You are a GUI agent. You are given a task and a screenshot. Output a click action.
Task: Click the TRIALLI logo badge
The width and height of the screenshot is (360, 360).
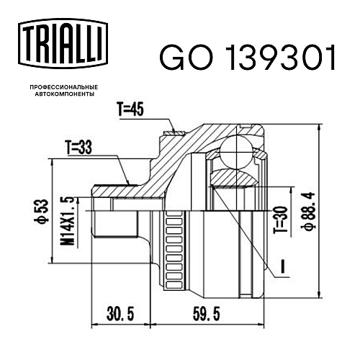pyautogui.click(x=63, y=43)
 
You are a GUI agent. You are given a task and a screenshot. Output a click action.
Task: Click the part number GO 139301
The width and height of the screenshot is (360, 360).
pyautogui.click(x=247, y=58)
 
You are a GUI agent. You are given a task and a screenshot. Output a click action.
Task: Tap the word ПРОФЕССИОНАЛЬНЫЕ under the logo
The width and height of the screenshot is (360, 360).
pyautogui.click(x=64, y=87)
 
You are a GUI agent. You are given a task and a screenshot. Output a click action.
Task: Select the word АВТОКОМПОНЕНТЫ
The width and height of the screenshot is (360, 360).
pyautogui.click(x=65, y=94)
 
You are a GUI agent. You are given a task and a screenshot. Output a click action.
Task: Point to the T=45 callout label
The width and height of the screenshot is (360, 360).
pyautogui.click(x=131, y=109)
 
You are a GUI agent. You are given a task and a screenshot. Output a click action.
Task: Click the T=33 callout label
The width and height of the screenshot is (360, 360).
pyautogui.click(x=79, y=148)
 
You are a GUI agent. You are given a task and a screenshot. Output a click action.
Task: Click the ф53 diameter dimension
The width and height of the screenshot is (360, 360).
pyautogui.click(x=43, y=211)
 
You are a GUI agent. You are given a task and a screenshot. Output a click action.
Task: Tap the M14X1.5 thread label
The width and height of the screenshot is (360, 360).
pyautogui.click(x=67, y=221)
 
